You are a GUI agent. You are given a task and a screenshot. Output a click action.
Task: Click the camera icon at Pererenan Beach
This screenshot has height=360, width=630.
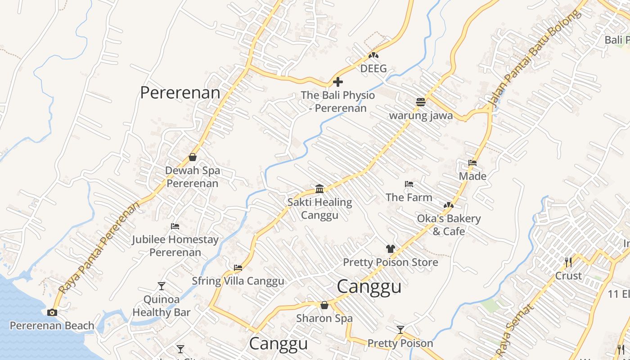[x=52, y=312]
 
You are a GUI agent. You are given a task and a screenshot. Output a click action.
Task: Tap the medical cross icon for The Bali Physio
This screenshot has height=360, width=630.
[x=337, y=82]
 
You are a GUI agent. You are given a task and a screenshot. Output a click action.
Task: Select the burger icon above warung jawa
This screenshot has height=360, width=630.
[x=421, y=102]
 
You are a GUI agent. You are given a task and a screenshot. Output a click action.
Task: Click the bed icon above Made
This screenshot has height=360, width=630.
[x=472, y=162]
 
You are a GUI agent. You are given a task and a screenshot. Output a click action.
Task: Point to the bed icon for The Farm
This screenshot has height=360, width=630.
[x=409, y=184]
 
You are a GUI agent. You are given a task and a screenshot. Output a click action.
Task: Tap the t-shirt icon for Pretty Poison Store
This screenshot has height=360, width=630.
[x=390, y=249]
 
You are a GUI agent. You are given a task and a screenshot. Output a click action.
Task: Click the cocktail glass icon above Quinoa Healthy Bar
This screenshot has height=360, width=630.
[x=162, y=286]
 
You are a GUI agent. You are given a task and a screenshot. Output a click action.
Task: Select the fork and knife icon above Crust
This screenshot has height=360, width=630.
[x=568, y=262]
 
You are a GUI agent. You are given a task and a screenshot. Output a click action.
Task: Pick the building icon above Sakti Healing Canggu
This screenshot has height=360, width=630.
[x=319, y=189]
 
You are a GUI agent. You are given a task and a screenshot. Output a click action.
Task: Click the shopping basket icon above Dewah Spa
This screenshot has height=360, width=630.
[x=193, y=157]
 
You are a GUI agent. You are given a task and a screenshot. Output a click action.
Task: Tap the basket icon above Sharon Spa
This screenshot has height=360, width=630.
[x=324, y=306]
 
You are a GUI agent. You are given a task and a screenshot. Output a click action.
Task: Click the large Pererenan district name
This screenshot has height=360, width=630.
[x=180, y=93]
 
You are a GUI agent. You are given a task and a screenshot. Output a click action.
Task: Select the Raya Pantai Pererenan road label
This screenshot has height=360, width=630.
[x=99, y=247]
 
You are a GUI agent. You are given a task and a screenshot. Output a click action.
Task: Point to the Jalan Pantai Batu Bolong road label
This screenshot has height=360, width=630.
[x=534, y=60]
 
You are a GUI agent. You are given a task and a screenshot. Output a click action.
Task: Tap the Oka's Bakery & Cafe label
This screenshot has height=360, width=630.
[x=449, y=225]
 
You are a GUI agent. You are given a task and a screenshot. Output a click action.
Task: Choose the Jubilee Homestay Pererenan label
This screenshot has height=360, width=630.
[x=175, y=246]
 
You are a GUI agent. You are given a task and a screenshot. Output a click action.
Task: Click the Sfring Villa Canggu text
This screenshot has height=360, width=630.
[x=238, y=281]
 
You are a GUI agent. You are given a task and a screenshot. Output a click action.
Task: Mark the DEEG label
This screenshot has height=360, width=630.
[x=373, y=69]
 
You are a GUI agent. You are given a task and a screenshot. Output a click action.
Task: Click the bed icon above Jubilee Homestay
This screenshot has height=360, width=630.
[x=175, y=226]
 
